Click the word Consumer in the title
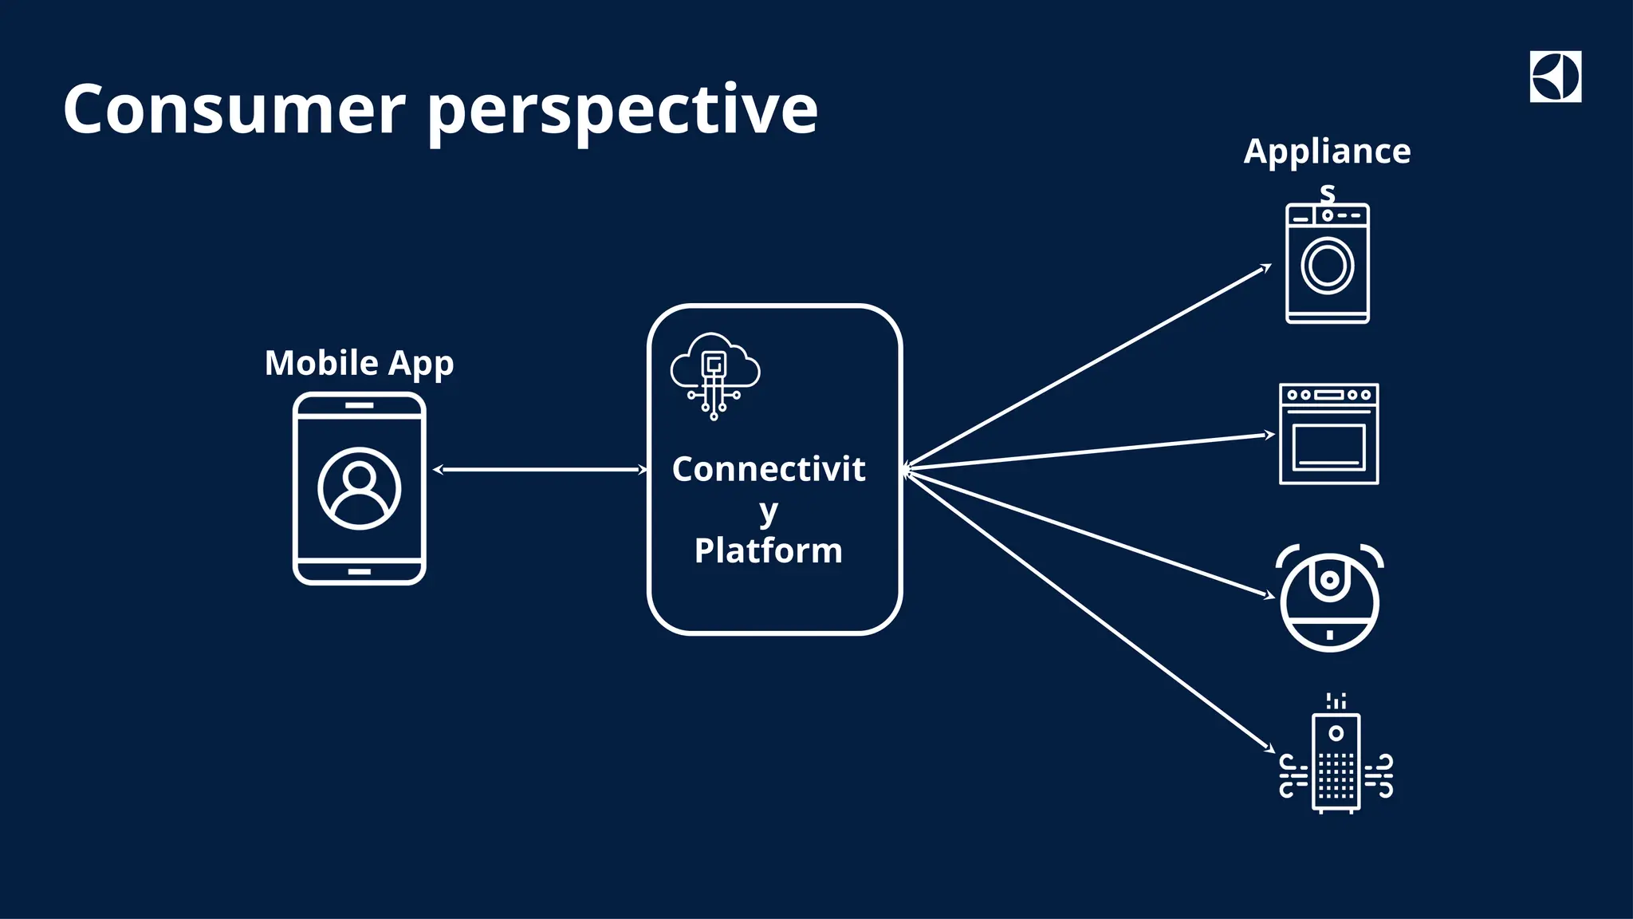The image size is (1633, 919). tap(234, 109)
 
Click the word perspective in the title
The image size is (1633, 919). tap(623, 112)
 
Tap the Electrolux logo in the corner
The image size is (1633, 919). tap(1555, 77)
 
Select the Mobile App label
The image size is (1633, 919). tap(359, 364)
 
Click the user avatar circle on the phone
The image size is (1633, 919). tap(360, 488)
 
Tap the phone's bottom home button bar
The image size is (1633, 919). tap(360, 571)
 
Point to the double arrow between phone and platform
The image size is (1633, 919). tap(541, 470)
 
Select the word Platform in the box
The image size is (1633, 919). tap(768, 550)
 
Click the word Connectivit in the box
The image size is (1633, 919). tap(768, 469)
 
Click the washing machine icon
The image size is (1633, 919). tap(1328, 263)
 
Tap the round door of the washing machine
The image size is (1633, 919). tap(1328, 266)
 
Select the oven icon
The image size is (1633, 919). tap(1329, 434)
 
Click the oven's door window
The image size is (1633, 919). tap(1329, 447)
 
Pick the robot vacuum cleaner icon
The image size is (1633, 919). tap(1329, 598)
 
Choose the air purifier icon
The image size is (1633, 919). tap(1336, 762)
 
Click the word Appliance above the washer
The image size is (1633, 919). tap(1327, 152)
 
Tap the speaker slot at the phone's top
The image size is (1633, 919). tap(360, 405)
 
